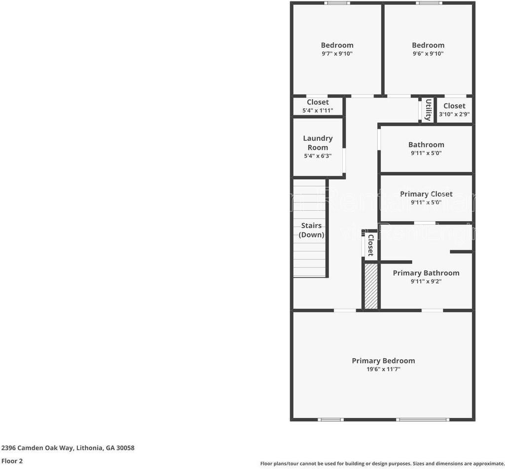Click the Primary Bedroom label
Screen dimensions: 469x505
pyautogui.click(x=383, y=361)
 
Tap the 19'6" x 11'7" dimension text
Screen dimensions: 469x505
pyautogui.click(x=383, y=369)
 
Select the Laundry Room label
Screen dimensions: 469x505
pyautogui.click(x=318, y=143)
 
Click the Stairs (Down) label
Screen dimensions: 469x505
pyautogui.click(x=312, y=230)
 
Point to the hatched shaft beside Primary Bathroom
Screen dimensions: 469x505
pyautogui.click(x=371, y=286)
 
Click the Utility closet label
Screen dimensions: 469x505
pyautogui.click(x=428, y=109)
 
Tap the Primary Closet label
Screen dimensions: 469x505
pyautogui.click(x=426, y=194)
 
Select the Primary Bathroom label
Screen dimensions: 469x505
pyautogui.click(x=426, y=273)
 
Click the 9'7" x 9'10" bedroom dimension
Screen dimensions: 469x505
pyautogui.click(x=337, y=54)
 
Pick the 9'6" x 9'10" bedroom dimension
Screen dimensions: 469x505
pyautogui.click(x=428, y=54)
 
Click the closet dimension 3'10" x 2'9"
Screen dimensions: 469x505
pyautogui.click(x=454, y=114)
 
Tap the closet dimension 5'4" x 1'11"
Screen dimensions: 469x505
pyautogui.click(x=318, y=110)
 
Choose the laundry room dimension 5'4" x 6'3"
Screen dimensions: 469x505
pyautogui.click(x=318, y=156)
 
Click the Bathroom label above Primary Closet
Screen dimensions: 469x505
pyautogui.click(x=426, y=144)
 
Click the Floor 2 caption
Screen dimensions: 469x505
pyautogui.click(x=12, y=462)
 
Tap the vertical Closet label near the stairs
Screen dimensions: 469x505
pyautogui.click(x=370, y=245)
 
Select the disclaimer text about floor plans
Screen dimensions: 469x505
pyautogui.click(x=382, y=463)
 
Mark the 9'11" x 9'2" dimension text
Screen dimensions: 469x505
pyautogui.click(x=426, y=281)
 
